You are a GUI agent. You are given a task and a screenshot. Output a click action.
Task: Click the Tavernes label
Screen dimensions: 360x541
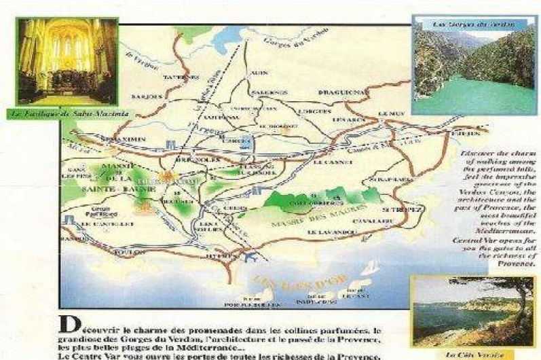[179, 77]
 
